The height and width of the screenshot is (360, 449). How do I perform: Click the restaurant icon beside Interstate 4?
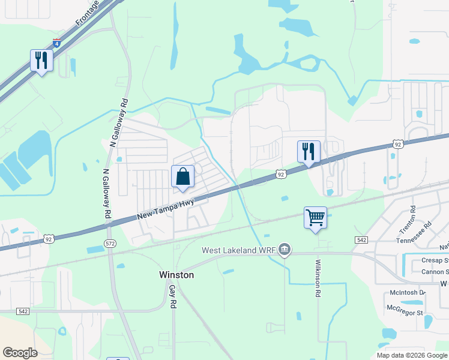click(41, 61)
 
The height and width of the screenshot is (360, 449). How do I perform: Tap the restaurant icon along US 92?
click(309, 152)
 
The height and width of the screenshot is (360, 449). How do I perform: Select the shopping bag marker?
click(183, 177)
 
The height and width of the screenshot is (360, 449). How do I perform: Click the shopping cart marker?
click(315, 218)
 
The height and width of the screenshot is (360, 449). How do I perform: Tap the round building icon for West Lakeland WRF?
click(285, 250)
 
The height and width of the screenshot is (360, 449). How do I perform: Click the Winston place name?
click(176, 275)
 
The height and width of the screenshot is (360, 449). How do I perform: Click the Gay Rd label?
click(172, 297)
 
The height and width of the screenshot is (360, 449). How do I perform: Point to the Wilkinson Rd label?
click(318, 278)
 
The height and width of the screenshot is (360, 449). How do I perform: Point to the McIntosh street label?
click(406, 293)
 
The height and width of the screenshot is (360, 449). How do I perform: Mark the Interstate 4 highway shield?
click(56, 43)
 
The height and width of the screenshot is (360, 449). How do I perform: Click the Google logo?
click(20, 353)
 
